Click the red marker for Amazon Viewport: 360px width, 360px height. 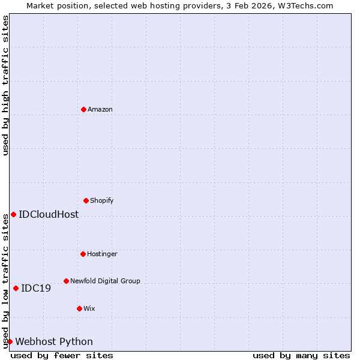click(83, 109)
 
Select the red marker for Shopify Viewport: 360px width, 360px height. click(86, 200)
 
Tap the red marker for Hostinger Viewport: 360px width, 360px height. click(83, 254)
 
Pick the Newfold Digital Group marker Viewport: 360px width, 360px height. click(66, 281)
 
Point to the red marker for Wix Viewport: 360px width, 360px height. click(79, 308)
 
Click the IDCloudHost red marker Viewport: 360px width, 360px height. click(13, 214)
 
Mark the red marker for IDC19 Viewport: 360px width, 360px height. click(16, 288)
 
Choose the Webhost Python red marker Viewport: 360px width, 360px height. click(10, 341)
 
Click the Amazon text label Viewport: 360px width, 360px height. click(100, 109)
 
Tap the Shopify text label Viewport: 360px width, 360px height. click(102, 200)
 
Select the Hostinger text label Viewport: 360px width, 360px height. click(102, 254)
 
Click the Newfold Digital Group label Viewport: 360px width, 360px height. click(105, 281)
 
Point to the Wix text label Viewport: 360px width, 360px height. click(89, 308)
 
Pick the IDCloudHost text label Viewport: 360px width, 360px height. click(49, 214)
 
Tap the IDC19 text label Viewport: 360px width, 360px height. click(36, 288)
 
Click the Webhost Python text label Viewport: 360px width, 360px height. click(54, 341)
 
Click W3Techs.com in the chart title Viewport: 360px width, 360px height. click(308, 5)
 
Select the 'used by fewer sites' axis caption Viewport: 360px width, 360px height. click(62, 355)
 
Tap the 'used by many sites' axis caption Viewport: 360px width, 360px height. click(301, 355)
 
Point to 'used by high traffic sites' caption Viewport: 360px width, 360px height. click(5, 85)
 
